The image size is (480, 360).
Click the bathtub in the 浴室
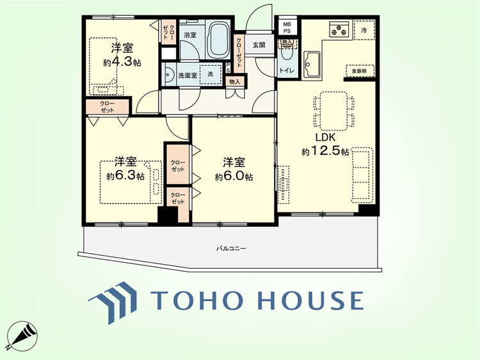(x=219, y=40)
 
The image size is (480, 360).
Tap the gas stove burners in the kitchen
(x=339, y=29)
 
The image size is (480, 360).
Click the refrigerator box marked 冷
(x=364, y=30)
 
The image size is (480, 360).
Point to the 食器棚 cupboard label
(x=360, y=71)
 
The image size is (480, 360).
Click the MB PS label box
(x=287, y=27)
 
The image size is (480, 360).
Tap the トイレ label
(x=287, y=71)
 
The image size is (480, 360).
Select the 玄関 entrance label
(x=259, y=45)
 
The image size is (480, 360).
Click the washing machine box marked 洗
(x=211, y=74)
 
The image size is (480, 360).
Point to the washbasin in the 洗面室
(x=168, y=74)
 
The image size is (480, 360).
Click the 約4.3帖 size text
(x=122, y=63)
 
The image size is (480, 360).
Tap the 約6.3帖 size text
(x=125, y=176)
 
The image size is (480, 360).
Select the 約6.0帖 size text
(x=234, y=176)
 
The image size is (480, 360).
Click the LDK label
(x=326, y=137)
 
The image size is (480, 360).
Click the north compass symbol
(x=22, y=336)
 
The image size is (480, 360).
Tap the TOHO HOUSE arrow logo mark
(x=113, y=302)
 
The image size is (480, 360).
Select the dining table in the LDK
(x=333, y=111)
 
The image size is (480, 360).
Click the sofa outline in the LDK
(x=362, y=175)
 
